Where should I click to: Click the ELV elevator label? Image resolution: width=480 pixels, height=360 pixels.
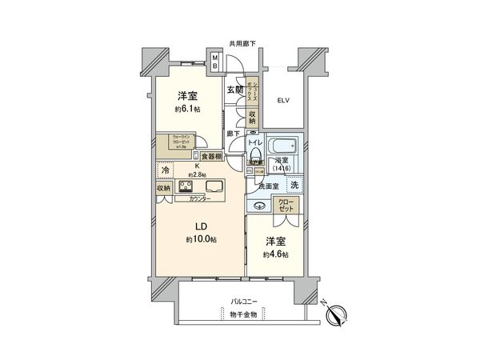tap(283, 101)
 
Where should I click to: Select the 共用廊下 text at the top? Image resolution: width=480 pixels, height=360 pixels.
tap(242, 43)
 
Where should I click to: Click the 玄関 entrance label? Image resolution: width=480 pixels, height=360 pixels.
tap(234, 90)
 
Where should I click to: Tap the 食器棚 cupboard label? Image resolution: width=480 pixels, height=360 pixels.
tap(211, 157)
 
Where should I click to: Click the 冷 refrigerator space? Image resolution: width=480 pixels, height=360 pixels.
tap(165, 170)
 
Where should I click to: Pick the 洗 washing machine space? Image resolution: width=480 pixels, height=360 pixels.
tap(295, 185)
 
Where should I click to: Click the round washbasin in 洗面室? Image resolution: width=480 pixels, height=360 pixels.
tap(260, 204)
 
